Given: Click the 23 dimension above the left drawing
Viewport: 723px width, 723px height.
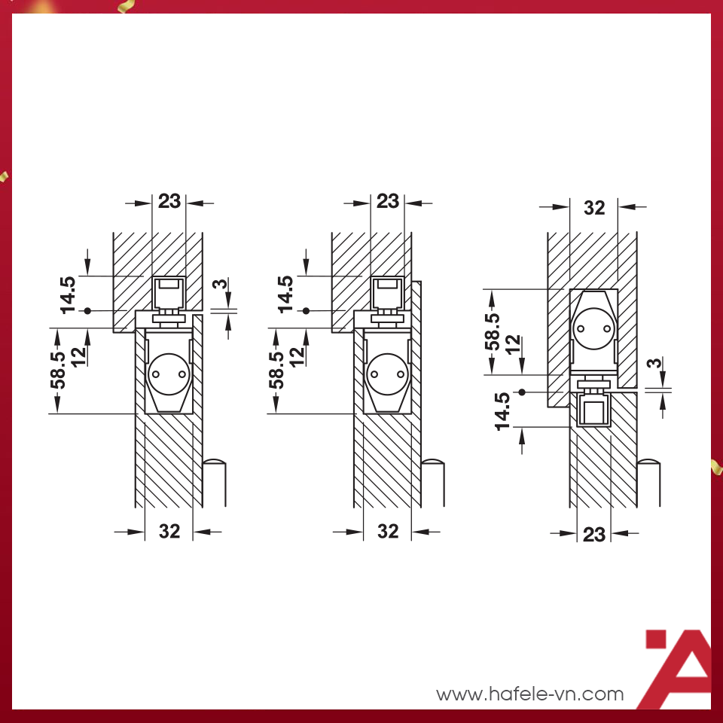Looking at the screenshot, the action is (169, 202).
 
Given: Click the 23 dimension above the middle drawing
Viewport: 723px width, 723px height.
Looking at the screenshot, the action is (388, 202).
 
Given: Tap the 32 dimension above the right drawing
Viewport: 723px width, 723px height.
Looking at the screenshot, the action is (594, 208).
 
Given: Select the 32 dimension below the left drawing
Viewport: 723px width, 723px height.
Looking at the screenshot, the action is (169, 532).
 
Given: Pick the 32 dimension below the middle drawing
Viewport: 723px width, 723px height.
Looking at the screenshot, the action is (388, 532).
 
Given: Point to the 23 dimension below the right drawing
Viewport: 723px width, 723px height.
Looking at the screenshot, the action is (594, 535).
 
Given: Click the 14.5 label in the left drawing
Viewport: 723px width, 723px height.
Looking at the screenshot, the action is (69, 295).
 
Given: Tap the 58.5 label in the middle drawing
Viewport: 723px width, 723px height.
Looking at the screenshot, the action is (276, 371).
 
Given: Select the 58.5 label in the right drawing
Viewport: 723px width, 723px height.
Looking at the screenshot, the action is (493, 332).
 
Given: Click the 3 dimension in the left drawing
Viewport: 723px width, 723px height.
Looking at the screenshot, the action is (221, 284).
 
